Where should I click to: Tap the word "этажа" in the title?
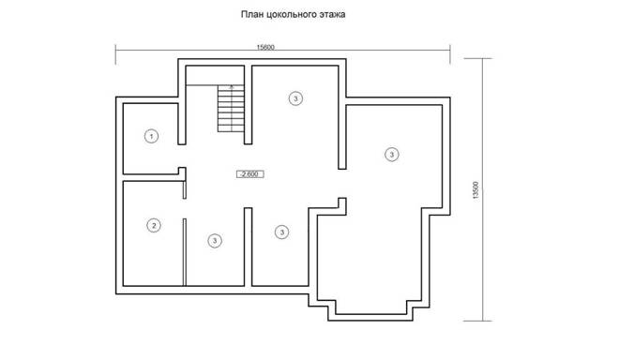coord(335,15)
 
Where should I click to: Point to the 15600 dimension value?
coord(265,48)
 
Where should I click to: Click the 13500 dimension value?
coord(476,190)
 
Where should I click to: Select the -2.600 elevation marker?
coord(250,174)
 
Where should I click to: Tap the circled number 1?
coord(151,136)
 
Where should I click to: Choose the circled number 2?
coord(154,225)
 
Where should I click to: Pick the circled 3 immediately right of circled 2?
coord(215,240)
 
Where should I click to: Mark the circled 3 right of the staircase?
coord(295,97)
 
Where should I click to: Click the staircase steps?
coord(231,108)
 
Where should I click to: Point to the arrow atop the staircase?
coord(232,87)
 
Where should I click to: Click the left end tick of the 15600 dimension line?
coord(115,54)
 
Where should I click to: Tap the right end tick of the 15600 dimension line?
coord(450,54)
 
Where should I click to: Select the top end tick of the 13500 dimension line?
coord(477,58)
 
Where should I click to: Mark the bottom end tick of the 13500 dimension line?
coord(477,321)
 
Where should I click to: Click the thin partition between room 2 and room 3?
coord(185,252)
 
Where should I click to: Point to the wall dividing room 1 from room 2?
coord(151,177)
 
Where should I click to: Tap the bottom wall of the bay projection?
coord(371,317)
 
